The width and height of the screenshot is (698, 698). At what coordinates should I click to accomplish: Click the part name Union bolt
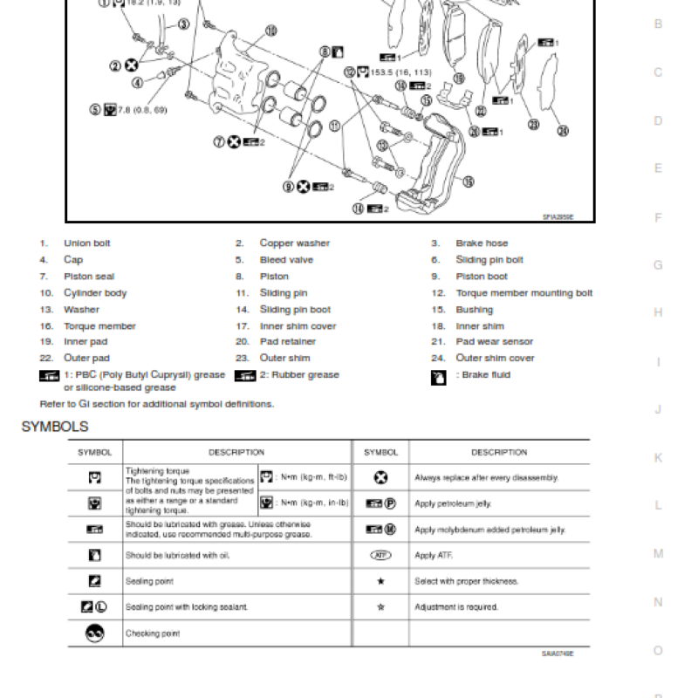pos(87,243)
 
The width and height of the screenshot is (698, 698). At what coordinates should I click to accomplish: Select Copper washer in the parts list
pos(294,243)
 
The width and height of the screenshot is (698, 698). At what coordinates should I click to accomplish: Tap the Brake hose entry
pos(481,243)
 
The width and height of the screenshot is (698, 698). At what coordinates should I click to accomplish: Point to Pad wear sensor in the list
pos(494,342)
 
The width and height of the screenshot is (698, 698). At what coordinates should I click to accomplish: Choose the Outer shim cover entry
pos(495,359)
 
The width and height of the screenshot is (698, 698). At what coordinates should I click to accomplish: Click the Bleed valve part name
pos(286,260)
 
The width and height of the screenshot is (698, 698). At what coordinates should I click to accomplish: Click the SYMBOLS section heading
pos(54,427)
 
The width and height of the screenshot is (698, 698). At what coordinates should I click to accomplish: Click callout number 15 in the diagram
pos(468,181)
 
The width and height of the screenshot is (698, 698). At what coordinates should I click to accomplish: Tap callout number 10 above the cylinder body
pos(270,31)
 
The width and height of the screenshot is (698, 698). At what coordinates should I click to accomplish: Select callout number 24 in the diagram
pos(563,131)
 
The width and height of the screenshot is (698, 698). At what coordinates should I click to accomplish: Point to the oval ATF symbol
pos(380,555)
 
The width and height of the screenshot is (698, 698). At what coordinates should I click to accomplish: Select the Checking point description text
pos(153,634)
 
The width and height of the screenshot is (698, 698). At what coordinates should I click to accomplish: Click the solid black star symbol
pos(380,581)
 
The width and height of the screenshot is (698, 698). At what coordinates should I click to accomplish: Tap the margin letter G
pos(658,264)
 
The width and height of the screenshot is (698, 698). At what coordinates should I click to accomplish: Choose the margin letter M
pos(658,554)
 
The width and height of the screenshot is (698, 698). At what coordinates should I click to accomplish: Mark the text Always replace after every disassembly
pos(486,478)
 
